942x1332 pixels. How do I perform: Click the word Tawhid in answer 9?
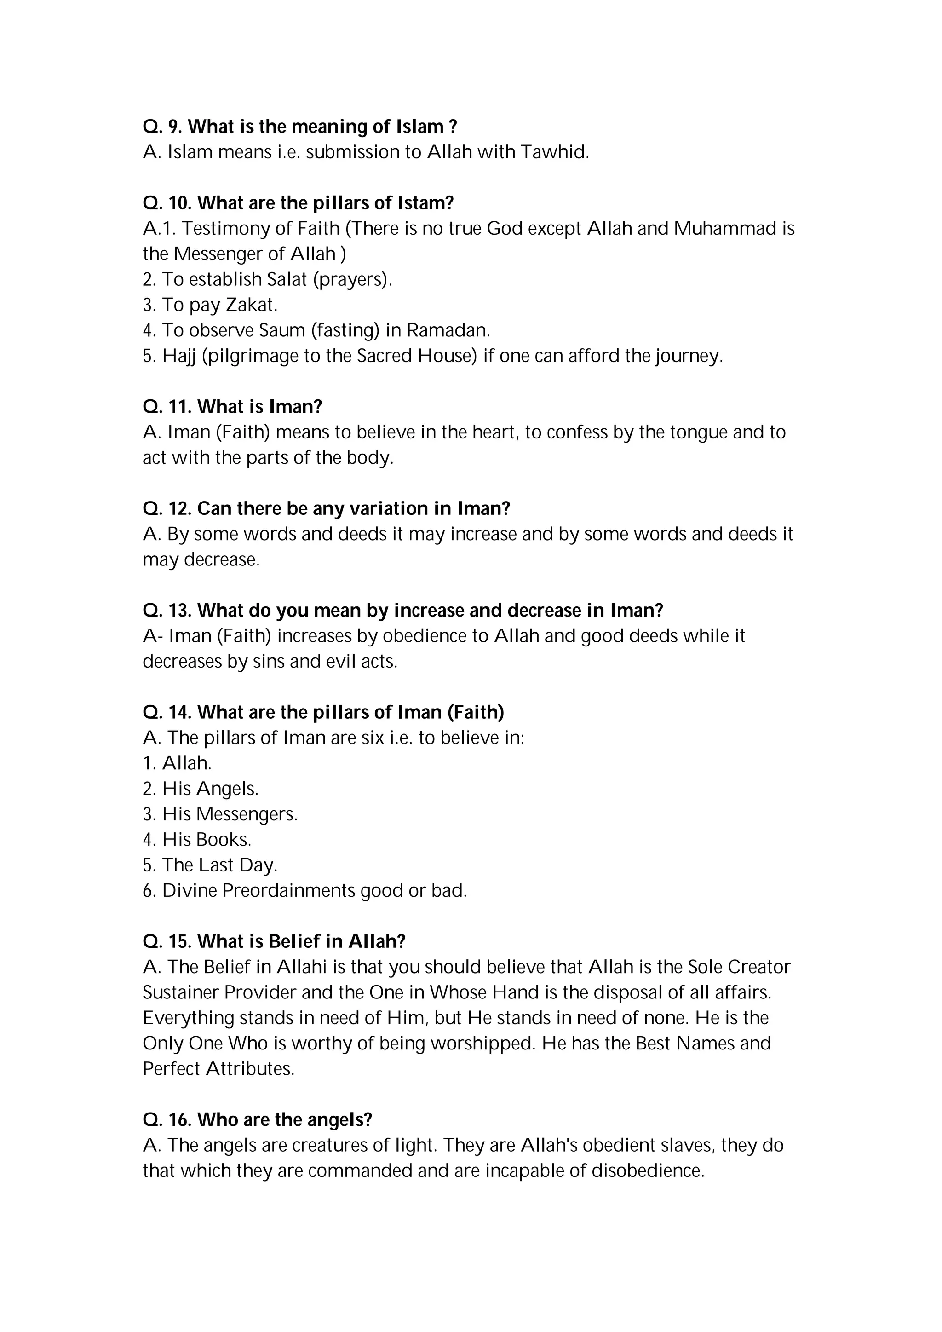click(555, 152)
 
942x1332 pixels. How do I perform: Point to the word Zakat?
click(251, 305)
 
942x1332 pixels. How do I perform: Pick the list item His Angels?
click(210, 789)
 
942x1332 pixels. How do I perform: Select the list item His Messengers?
click(230, 814)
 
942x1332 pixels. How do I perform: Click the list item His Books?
click(207, 840)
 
